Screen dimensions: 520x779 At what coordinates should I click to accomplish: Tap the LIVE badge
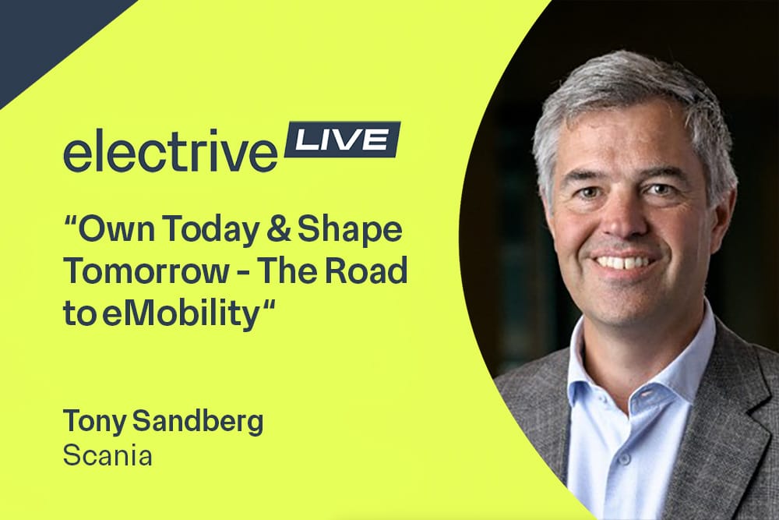pos(342,140)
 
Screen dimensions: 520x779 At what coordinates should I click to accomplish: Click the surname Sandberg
pos(198,422)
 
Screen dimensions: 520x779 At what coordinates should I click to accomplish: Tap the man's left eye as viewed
pos(594,193)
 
